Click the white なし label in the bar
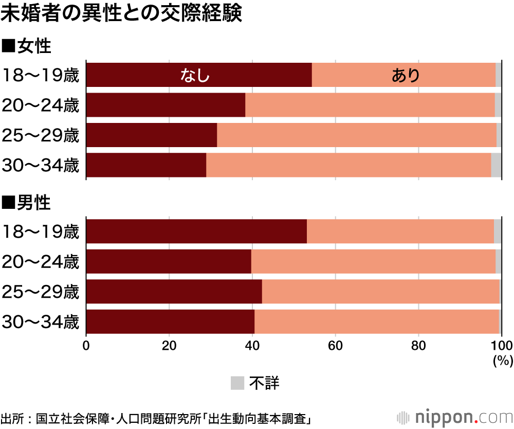pyautogui.click(x=195, y=75)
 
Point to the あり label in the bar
pyautogui.click(x=406, y=75)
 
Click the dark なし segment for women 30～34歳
pyautogui.click(x=146, y=165)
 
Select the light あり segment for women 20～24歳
pyautogui.click(x=370, y=105)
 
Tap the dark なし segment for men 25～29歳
pyautogui.click(x=174, y=292)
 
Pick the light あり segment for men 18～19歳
pyautogui.click(x=400, y=231)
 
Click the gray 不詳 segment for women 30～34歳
pyautogui.click(x=496, y=165)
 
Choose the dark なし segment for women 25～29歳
pyautogui.click(x=152, y=135)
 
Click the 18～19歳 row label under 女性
pyautogui.click(x=40, y=75)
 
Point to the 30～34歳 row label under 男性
pyautogui.click(x=40, y=322)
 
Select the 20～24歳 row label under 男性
pyautogui.click(x=40, y=262)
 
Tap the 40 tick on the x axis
pyautogui.click(x=252, y=345)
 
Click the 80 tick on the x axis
pyautogui.click(x=418, y=345)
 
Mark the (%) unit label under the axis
pyautogui.click(x=503, y=361)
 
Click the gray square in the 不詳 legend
pyautogui.click(x=237, y=383)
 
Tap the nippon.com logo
pyautogui.click(x=455, y=418)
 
